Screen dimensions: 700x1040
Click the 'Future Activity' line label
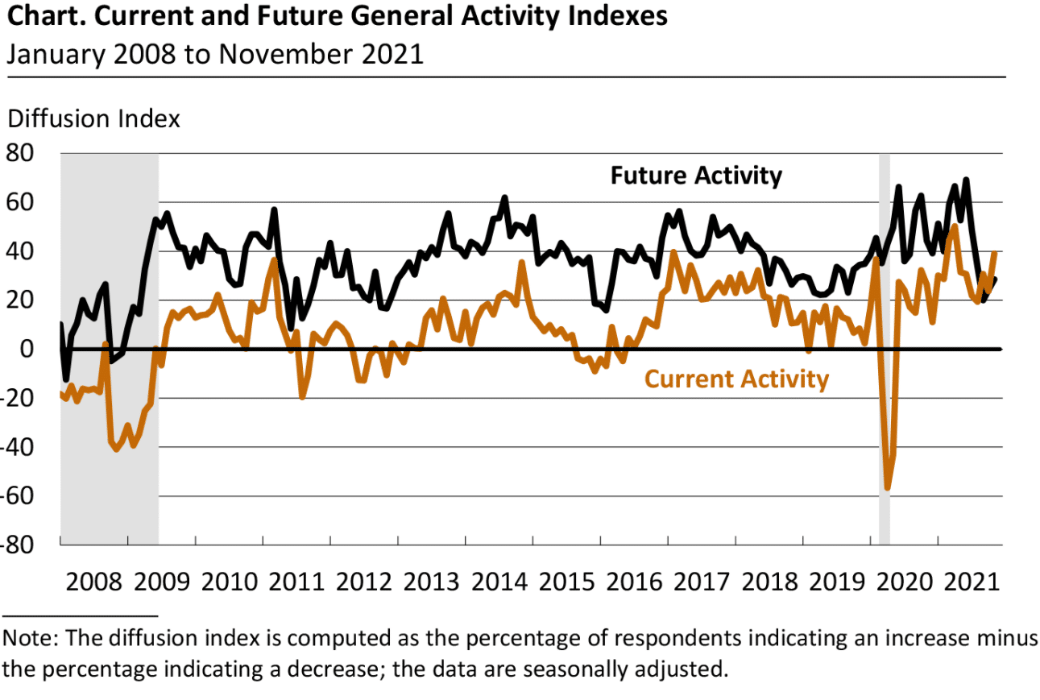click(x=695, y=176)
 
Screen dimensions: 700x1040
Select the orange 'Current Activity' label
click(x=736, y=379)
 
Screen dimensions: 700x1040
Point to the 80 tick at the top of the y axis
click(x=22, y=153)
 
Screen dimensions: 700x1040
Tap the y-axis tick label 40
click(x=22, y=251)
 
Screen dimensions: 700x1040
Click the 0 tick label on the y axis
click(x=27, y=349)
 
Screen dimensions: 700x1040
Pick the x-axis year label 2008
click(x=95, y=582)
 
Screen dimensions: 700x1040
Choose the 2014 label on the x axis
click(x=499, y=582)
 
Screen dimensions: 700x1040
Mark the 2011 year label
click(x=297, y=582)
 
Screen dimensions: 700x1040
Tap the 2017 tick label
click(x=702, y=582)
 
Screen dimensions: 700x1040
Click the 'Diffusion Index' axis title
click(x=93, y=118)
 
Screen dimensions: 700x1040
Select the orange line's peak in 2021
click(x=955, y=226)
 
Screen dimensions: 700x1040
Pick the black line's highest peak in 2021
click(x=966, y=180)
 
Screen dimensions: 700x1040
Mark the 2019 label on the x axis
click(x=836, y=582)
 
